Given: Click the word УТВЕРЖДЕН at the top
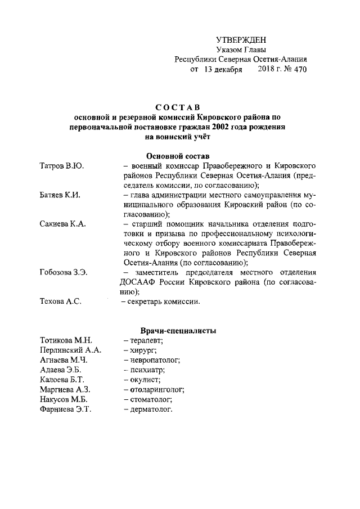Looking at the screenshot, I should click(241, 39).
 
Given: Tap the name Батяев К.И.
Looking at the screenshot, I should click(61, 195).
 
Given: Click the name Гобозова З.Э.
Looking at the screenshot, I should click(64, 273).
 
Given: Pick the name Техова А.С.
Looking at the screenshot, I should click(61, 302).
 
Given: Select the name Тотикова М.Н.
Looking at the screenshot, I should click(66, 340).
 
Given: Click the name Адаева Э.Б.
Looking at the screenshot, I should click(61, 370).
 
